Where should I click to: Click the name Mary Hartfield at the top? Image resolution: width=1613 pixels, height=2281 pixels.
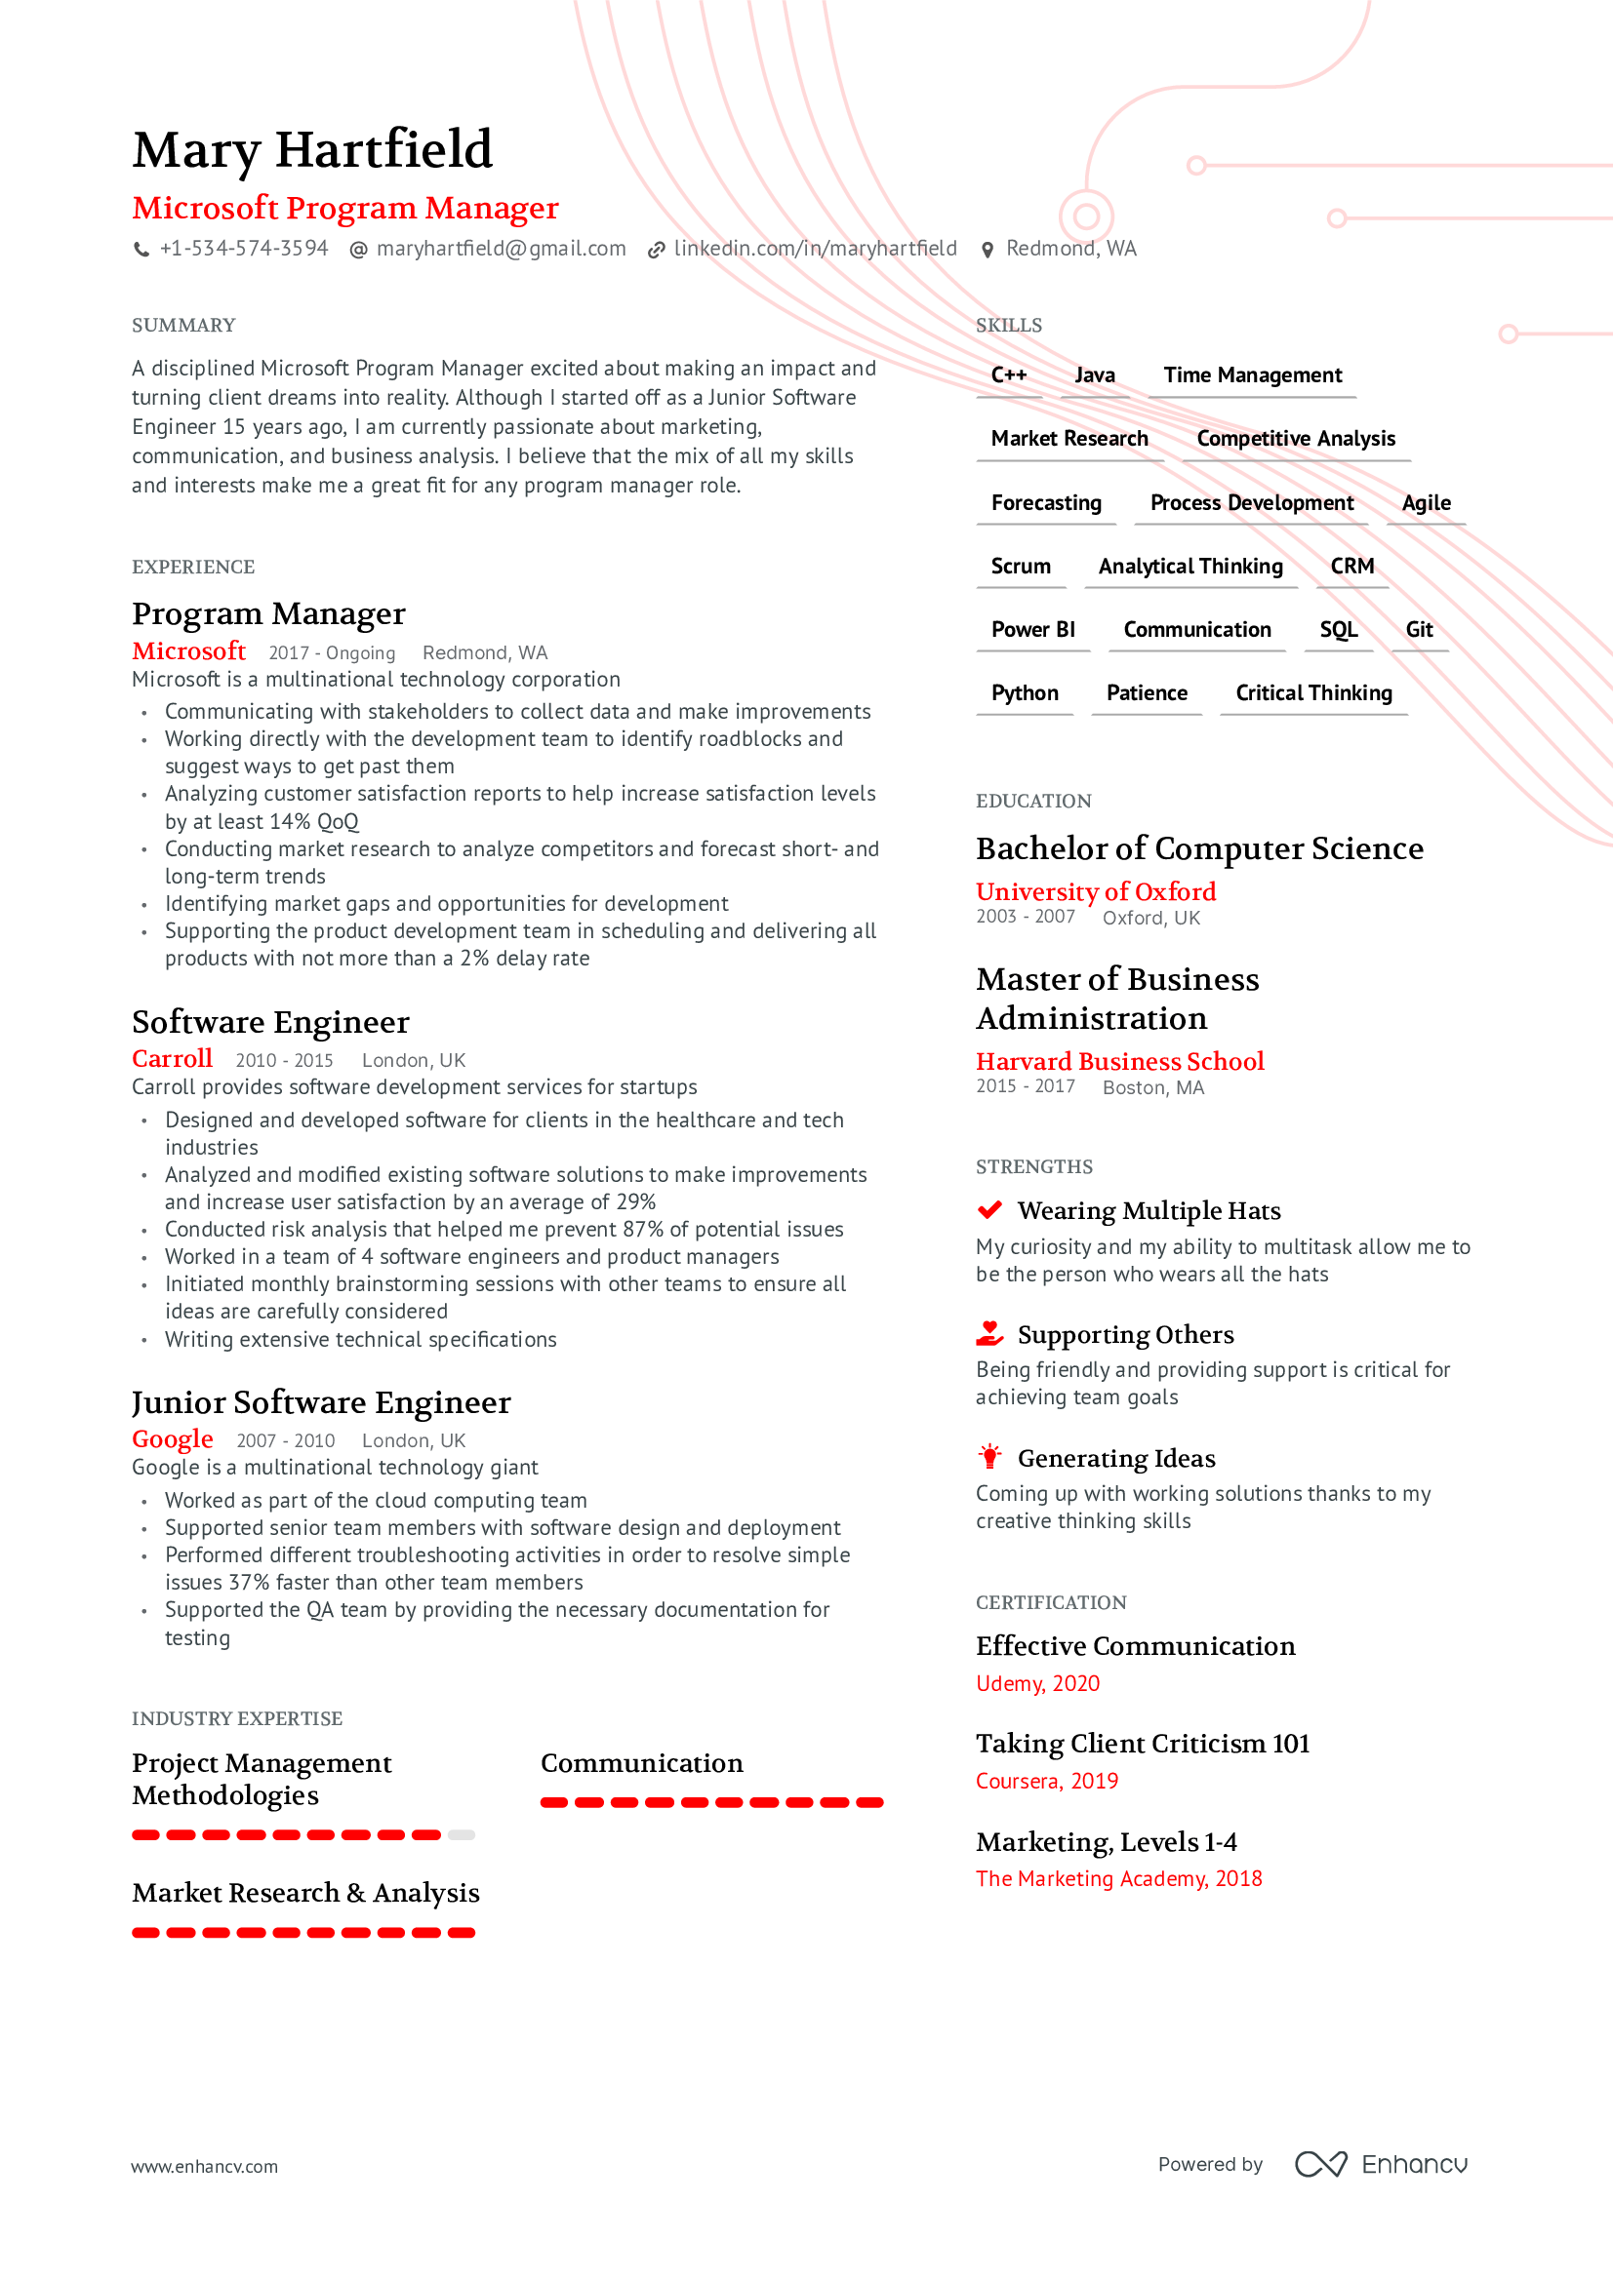[x=312, y=150]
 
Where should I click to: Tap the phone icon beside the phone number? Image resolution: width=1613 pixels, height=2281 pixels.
[x=142, y=250]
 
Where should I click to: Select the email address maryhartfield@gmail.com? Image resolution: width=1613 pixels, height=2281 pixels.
[x=501, y=249]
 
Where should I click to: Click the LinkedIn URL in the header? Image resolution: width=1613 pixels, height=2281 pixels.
[x=815, y=249]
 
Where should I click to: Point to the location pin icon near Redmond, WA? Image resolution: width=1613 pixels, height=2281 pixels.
[x=987, y=250]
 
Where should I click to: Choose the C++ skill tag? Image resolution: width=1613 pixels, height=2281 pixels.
[x=1009, y=375]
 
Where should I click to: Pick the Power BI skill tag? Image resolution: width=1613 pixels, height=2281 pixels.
[x=1032, y=630]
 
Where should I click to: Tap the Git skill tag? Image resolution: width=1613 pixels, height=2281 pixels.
[x=1418, y=630]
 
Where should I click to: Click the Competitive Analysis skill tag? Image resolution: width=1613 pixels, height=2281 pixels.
[x=1295, y=439]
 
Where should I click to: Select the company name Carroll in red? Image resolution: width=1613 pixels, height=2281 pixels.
[x=172, y=1059]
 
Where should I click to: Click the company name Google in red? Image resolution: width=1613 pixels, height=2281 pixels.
[x=173, y=1439]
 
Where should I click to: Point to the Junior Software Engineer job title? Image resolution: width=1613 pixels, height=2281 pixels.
[x=321, y=1401]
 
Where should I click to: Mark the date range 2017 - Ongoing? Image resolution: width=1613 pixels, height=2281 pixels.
[x=332, y=653]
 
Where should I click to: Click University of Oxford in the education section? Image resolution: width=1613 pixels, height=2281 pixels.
[x=1095, y=891]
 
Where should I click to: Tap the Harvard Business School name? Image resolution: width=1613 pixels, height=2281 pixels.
[x=1119, y=1061]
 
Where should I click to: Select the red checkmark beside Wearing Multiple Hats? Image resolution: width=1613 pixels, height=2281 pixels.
[x=989, y=1210]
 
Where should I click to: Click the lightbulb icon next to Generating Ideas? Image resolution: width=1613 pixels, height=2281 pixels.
[x=989, y=1456]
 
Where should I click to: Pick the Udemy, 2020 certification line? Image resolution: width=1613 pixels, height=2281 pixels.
[x=1037, y=1683]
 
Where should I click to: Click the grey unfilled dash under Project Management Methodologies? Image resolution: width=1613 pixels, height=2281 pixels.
[x=462, y=1835]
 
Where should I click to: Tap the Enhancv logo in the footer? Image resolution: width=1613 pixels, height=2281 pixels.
[x=1382, y=2164]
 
